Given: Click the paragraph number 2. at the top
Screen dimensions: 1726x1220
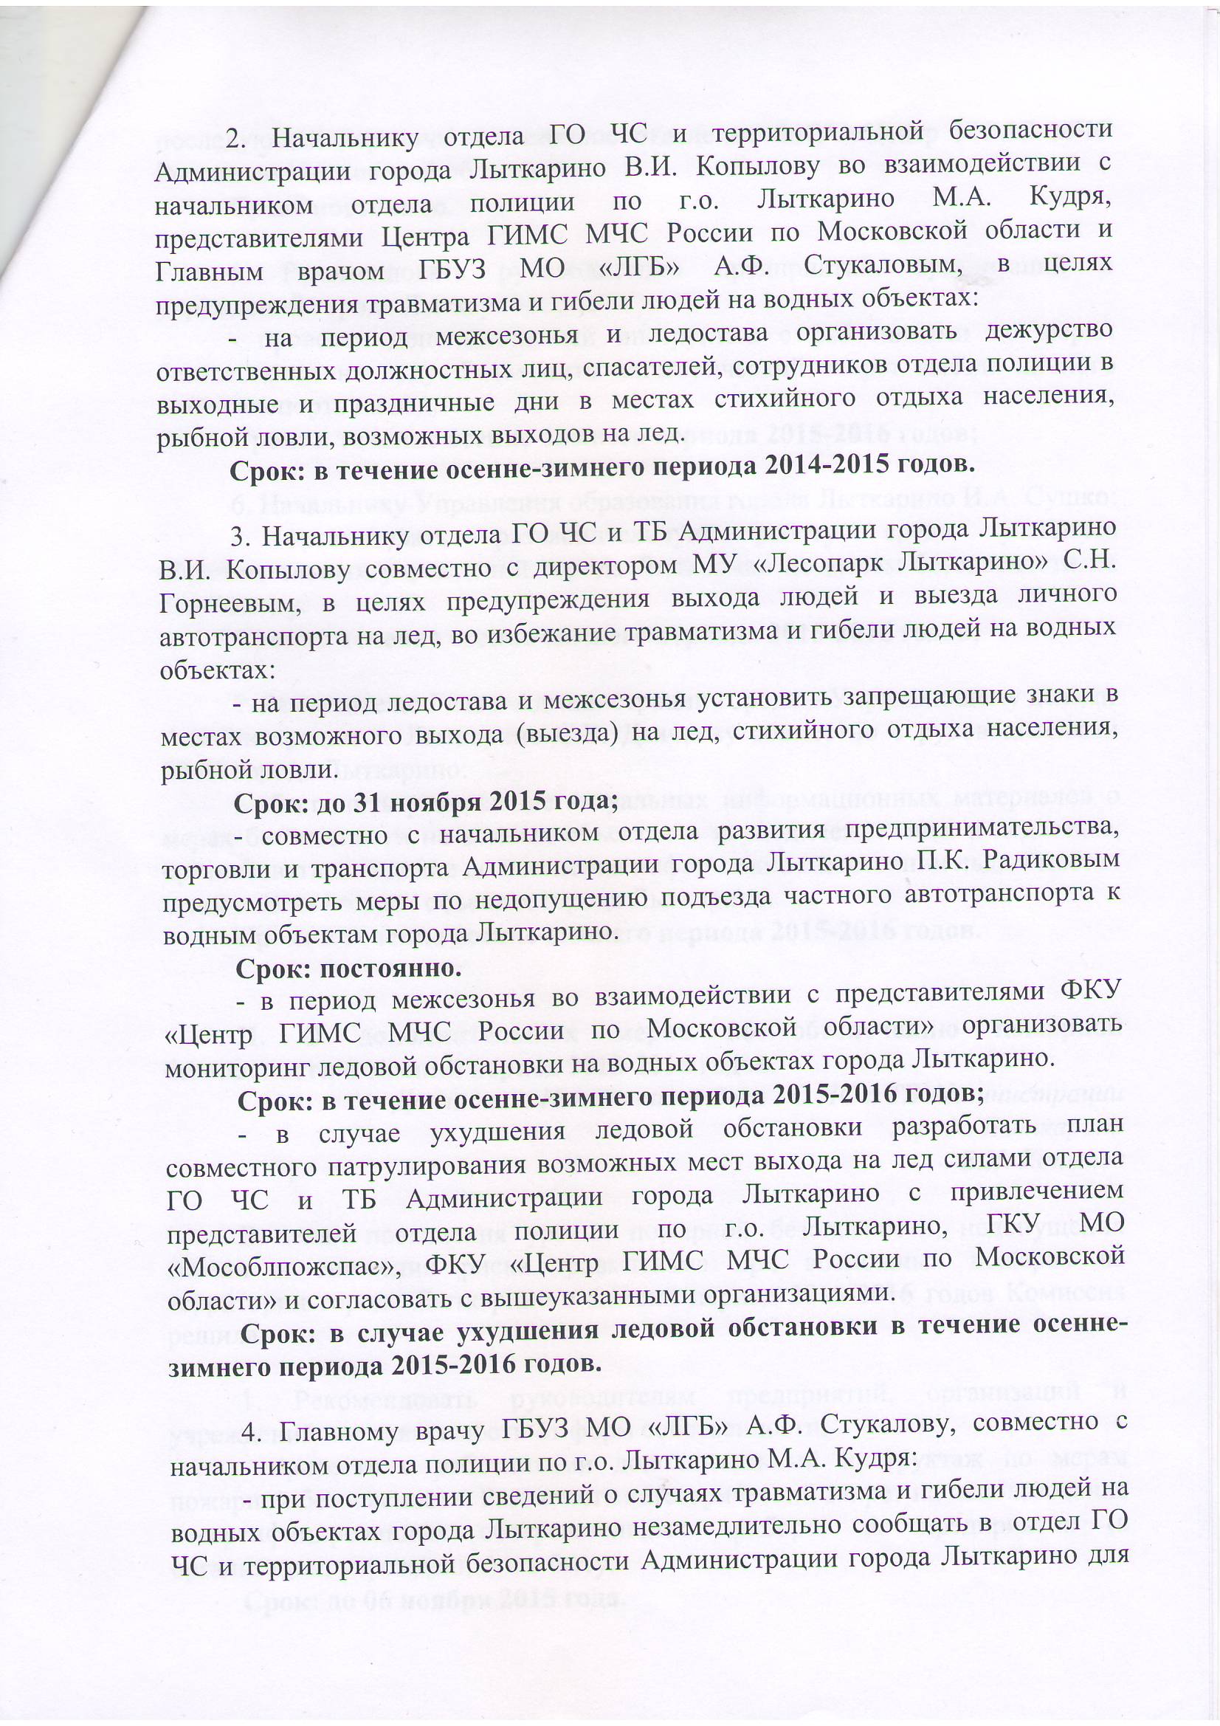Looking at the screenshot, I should [x=239, y=140].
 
